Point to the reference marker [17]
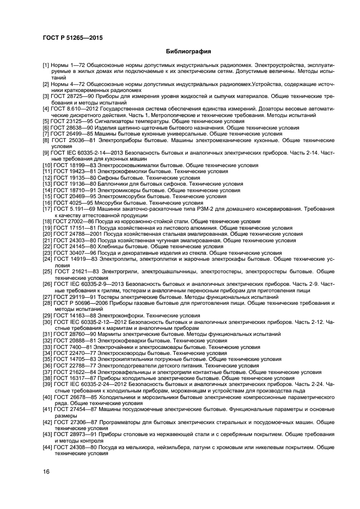[x=47, y=209]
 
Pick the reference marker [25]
[x=47, y=271]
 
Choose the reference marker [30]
[x=47, y=322]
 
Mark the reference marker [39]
[x=47, y=384]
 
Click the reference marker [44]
[x=47, y=447]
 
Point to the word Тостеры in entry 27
[x=107, y=297]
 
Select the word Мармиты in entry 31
[x=108, y=334]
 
